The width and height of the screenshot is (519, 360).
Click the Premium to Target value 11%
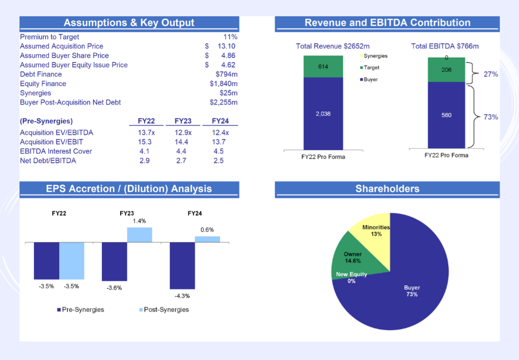[x=230, y=37]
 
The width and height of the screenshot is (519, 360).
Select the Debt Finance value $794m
[x=227, y=74]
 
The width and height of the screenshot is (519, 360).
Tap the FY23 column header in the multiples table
[x=183, y=121]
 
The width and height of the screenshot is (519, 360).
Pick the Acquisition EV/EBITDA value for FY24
[x=220, y=133]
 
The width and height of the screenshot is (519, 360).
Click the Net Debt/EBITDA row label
[x=48, y=160]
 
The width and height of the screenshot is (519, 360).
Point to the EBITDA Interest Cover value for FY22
[x=144, y=151]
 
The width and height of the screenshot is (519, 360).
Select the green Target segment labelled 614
[x=323, y=67]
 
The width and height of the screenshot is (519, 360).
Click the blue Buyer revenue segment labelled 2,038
[x=323, y=114]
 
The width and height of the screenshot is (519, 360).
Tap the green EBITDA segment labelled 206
[x=446, y=70]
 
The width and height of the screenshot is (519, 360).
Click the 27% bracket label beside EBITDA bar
[x=490, y=74]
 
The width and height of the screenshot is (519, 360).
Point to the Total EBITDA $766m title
[x=445, y=46]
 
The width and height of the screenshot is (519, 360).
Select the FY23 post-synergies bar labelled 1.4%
[x=140, y=235]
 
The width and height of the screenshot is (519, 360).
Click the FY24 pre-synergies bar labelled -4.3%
[x=182, y=265]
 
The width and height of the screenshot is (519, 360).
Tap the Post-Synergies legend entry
[x=162, y=310]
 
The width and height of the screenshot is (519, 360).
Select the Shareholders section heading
[x=387, y=189]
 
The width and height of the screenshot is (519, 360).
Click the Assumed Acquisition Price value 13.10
[x=225, y=46]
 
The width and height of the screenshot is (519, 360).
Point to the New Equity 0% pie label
[x=351, y=278]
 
